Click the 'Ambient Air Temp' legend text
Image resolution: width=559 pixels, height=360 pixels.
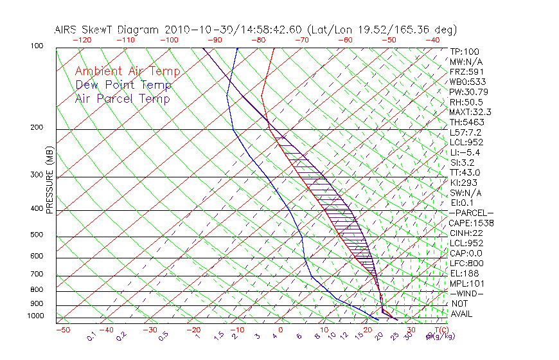point(127,71)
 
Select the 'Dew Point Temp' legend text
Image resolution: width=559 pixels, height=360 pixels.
point(123,85)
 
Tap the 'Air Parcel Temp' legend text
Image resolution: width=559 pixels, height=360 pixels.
point(122,98)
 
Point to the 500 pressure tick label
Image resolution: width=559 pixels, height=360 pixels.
point(37,235)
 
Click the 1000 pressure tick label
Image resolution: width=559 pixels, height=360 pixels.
point(36,316)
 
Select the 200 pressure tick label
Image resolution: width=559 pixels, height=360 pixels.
point(37,128)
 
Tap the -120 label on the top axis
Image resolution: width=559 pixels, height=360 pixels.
point(82,40)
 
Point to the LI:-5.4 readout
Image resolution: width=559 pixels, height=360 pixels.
point(465,152)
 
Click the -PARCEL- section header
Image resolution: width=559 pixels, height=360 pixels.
point(471,213)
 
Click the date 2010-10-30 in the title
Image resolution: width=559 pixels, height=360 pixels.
point(193,30)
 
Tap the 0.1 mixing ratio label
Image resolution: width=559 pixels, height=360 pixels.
point(92,336)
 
